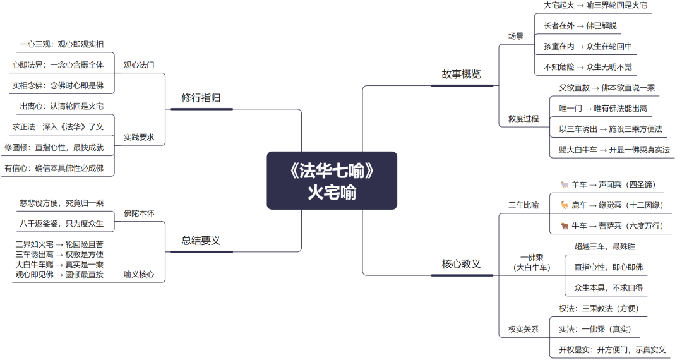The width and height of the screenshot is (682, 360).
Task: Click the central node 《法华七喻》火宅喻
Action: pos(332,181)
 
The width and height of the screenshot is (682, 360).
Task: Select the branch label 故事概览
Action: pos(461,75)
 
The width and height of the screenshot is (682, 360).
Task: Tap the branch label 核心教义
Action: pos(461,264)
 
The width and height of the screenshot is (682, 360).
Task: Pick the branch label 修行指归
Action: pos(201,98)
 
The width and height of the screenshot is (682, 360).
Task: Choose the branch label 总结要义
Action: pos(201,241)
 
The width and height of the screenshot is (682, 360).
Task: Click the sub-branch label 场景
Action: pos(516,36)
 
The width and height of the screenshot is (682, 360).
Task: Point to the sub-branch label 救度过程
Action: pos(523,119)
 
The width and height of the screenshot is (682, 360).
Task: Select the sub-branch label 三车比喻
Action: pos(523,205)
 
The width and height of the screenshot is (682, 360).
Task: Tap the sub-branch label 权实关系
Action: pos(523,329)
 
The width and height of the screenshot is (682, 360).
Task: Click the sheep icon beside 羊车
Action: pos(565,185)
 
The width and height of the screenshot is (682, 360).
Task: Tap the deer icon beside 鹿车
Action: pos(565,205)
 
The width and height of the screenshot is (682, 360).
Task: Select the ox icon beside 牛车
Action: pos(565,226)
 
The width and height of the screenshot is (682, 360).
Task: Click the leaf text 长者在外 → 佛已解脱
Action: pos(580,26)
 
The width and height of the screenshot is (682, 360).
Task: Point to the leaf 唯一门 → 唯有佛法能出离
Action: pos(602,109)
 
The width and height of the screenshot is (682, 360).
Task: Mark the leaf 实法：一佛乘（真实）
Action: pos(595,329)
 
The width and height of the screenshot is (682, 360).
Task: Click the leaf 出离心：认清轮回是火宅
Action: pos(62,106)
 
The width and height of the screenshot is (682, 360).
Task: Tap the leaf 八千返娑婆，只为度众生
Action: pos(62,224)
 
